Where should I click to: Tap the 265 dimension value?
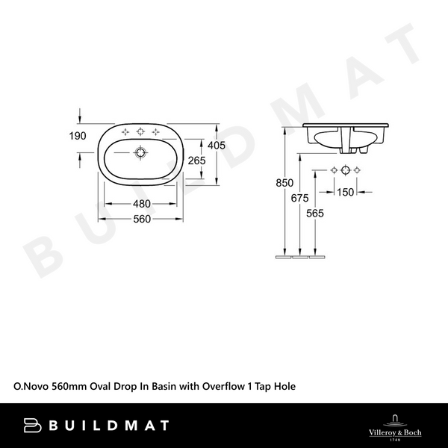pos(196,161)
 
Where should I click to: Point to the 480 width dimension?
pos(142,204)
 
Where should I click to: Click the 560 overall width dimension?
pos(142,219)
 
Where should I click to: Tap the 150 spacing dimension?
pos(345,192)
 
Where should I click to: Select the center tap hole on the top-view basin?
pos(140,133)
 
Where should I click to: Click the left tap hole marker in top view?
pos(125,133)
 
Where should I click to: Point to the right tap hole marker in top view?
pos(155,133)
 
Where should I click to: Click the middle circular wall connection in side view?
pos(345,171)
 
